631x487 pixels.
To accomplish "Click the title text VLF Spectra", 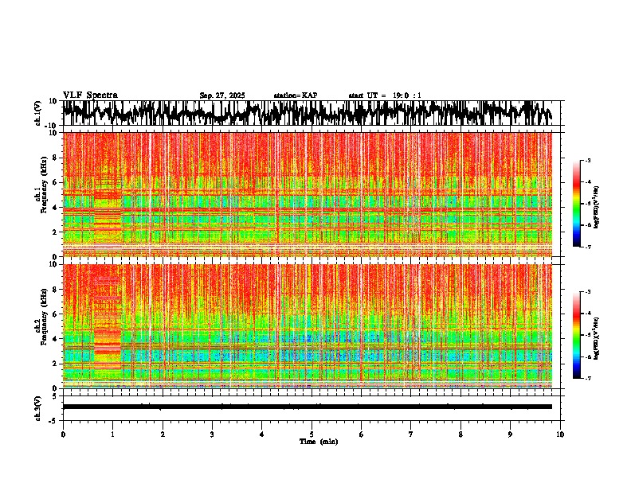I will tap(90, 95).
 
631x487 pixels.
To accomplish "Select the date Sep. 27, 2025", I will tap(222, 95).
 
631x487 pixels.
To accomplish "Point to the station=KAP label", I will tap(296, 95).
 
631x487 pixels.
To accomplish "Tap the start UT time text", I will tap(385, 95).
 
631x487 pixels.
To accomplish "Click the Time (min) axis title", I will tap(318, 441).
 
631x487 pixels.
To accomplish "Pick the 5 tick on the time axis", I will tap(312, 434).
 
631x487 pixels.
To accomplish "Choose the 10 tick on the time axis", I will tap(560, 434).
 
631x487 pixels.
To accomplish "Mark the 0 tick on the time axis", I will tap(63, 434).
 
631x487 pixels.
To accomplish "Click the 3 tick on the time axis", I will tap(212, 434).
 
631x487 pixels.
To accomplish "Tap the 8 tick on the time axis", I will tap(461, 434).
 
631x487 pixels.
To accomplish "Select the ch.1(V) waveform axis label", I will tap(37, 113).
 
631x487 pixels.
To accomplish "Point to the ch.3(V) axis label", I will tap(37, 407).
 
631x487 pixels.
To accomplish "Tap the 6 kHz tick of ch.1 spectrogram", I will tap(56, 182).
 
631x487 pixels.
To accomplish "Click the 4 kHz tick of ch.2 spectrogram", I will tap(56, 339).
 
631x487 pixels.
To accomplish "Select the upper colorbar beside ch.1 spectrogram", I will tap(584, 204).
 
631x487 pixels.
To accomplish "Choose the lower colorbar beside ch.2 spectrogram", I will tap(584, 335).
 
